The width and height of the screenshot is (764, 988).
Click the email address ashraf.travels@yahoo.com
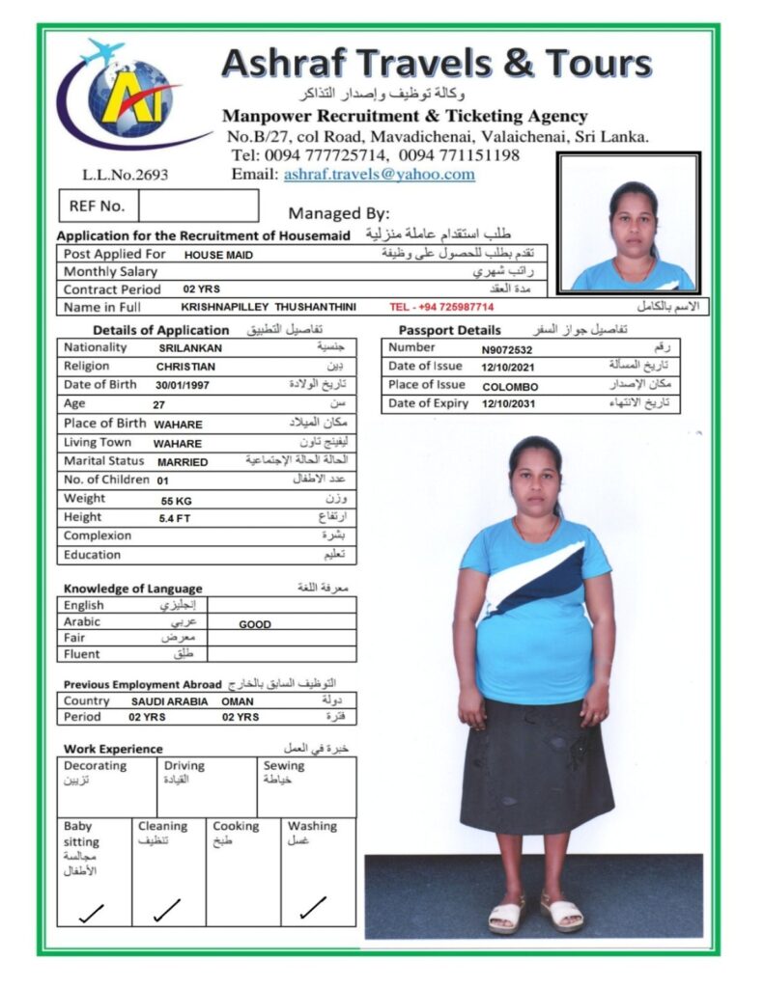(x=379, y=175)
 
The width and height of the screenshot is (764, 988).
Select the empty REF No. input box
(x=198, y=206)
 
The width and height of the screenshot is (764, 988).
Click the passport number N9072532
(x=507, y=349)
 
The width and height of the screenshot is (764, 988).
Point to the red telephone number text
(x=441, y=307)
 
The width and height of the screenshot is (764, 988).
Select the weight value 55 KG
(x=176, y=502)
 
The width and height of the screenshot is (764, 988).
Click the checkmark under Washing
(x=312, y=908)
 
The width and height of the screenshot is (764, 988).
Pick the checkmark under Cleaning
(x=166, y=909)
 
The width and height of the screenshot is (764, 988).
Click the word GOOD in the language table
(x=255, y=624)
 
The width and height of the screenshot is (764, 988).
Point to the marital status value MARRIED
(x=183, y=462)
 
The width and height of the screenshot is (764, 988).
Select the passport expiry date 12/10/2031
(x=508, y=404)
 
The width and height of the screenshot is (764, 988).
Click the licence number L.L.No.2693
(x=126, y=176)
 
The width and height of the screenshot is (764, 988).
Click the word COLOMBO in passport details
(x=510, y=386)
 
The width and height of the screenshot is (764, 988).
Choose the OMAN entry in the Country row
(x=238, y=701)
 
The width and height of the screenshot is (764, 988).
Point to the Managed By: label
(x=338, y=214)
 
